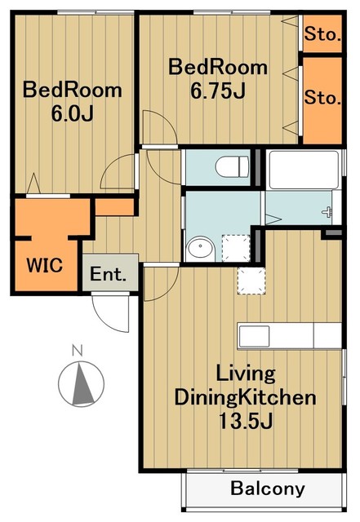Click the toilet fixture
tap(232, 167)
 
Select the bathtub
tap(304, 170)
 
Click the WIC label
tap(45, 265)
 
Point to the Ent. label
tap(109, 274)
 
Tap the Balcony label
tap(268, 489)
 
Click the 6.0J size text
tap(72, 113)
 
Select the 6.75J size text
tap(218, 91)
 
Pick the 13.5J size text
tap(246, 421)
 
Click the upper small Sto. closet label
tap(322, 34)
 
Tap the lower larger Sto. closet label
tap(322, 98)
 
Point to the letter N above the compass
tap(78, 350)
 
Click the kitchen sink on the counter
tap(255, 335)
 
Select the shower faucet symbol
tap(328, 212)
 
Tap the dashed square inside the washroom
tap(236, 247)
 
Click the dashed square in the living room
tap(251, 281)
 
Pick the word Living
tap(246, 374)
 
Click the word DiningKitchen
tap(246, 397)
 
